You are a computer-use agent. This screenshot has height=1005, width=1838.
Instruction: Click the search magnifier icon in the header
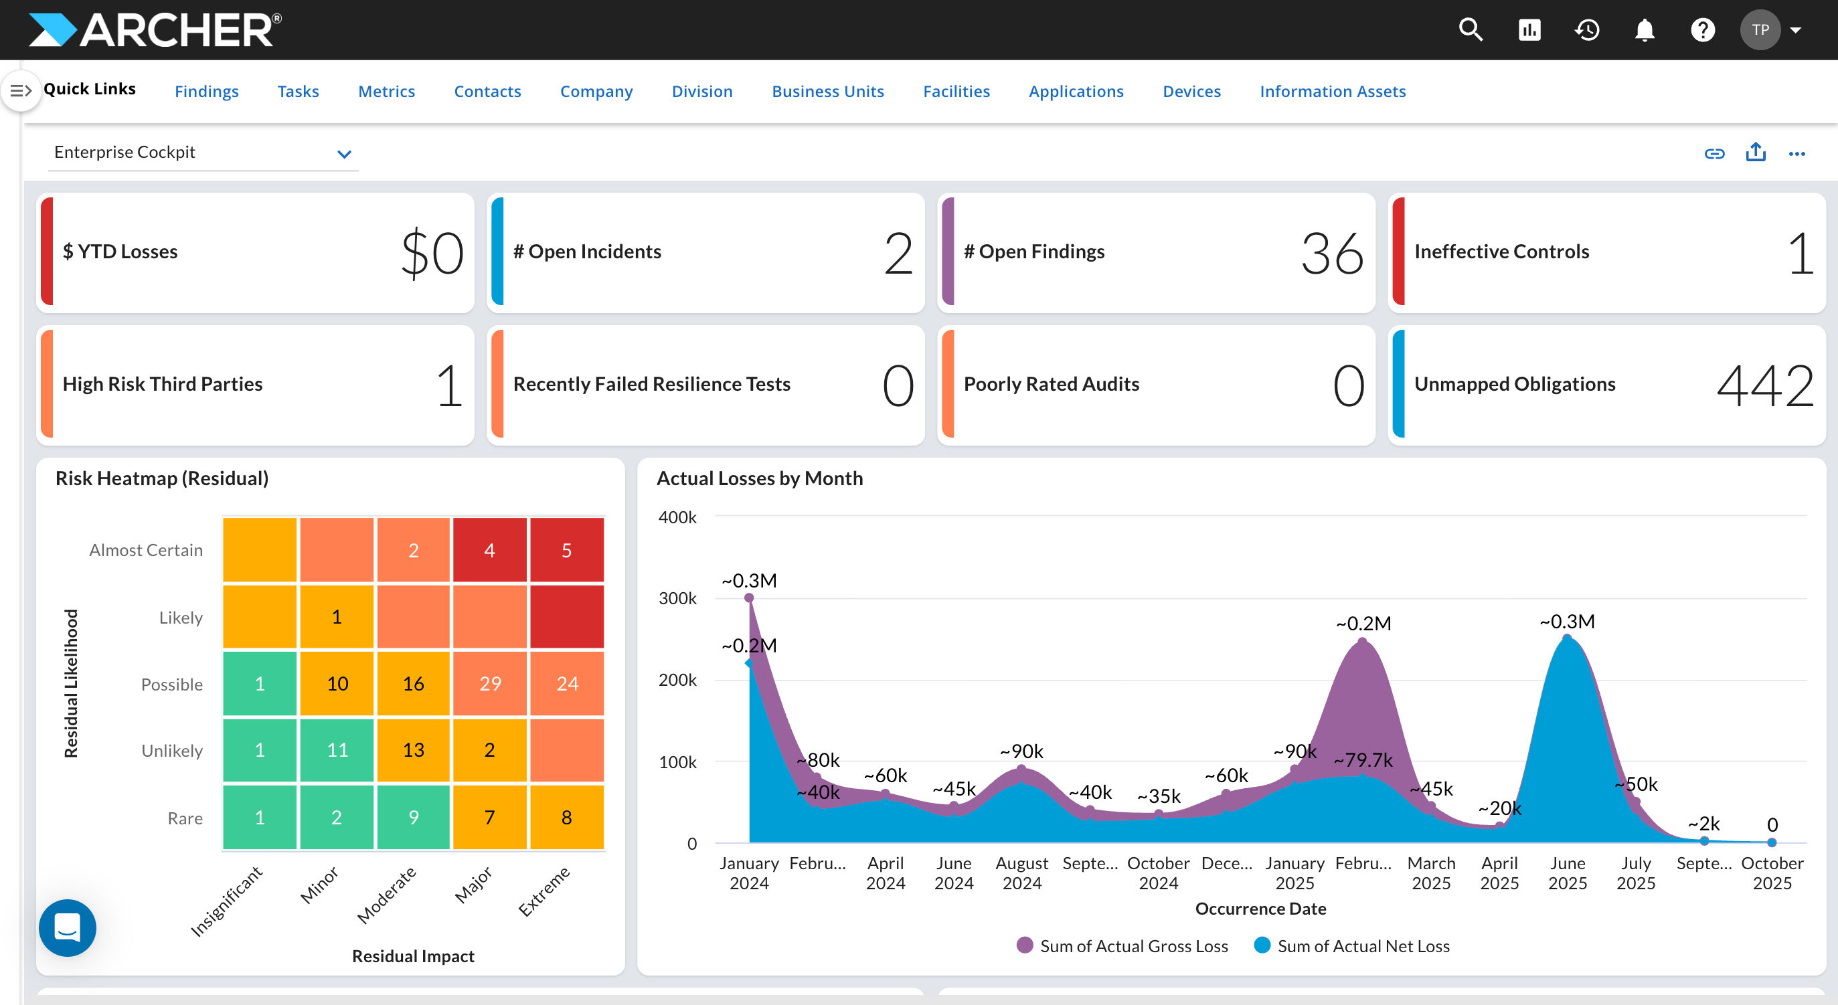(1471, 30)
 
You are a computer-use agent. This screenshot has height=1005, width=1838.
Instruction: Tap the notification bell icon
(1645, 30)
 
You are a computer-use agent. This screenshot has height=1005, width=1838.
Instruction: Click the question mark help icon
(1702, 30)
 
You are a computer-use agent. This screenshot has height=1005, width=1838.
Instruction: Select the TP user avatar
(1760, 30)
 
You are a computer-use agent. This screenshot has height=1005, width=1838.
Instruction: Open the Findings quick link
(206, 91)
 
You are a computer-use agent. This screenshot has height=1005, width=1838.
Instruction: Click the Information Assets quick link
(1332, 91)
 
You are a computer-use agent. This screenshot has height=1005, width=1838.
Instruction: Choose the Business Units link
(828, 91)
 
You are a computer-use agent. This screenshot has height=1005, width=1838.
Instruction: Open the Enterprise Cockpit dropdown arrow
(345, 154)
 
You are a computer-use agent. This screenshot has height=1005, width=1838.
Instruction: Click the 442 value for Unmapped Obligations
(1764, 386)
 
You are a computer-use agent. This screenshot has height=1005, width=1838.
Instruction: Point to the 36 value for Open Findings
(1331, 254)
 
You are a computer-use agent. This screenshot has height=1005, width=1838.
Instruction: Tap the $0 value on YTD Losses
(432, 254)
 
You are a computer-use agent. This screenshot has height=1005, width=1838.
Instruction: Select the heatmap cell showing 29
(489, 683)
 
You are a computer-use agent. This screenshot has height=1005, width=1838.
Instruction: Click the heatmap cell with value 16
(413, 683)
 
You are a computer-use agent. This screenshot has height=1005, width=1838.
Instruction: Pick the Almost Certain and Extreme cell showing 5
(566, 550)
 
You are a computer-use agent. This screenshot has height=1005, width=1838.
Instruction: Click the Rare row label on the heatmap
(185, 818)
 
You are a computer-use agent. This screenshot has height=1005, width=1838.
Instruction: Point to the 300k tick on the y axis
(677, 598)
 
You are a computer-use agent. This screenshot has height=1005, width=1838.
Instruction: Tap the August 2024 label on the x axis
(1022, 873)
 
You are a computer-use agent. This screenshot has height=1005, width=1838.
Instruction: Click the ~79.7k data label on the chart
(1363, 759)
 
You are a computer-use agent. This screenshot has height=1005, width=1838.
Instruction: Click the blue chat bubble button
(68, 927)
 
